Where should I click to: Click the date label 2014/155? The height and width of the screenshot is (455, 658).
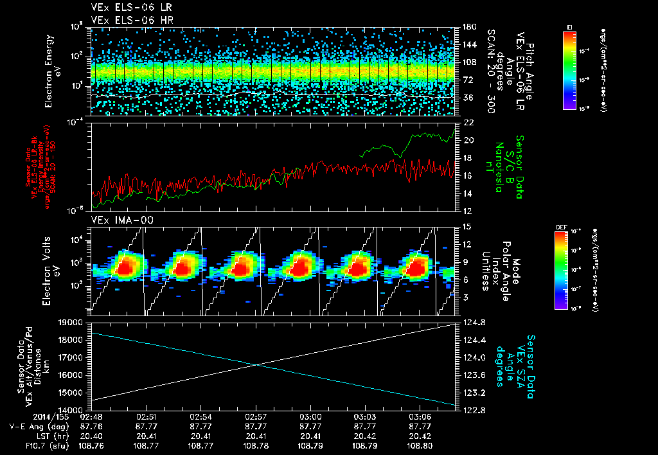[x=24, y=416]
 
